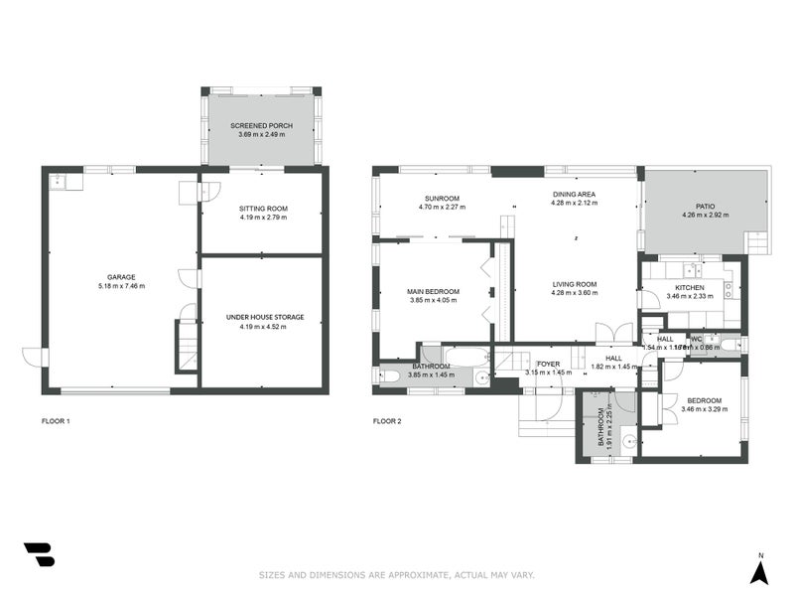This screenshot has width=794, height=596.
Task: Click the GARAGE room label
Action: click(121, 277)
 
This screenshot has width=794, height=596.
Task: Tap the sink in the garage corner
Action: click(58, 181)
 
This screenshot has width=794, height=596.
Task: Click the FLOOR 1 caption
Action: click(56, 421)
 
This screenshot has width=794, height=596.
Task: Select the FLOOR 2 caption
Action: click(387, 421)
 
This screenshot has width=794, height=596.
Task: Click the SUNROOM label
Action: click(442, 198)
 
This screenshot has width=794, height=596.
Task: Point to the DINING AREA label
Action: click(575, 195)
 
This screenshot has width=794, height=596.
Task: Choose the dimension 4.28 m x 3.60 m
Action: click(575, 293)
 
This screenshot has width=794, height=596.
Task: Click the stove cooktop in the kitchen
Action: click(728, 290)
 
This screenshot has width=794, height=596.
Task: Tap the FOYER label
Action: click(548, 364)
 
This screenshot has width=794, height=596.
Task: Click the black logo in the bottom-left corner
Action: click(39, 554)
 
